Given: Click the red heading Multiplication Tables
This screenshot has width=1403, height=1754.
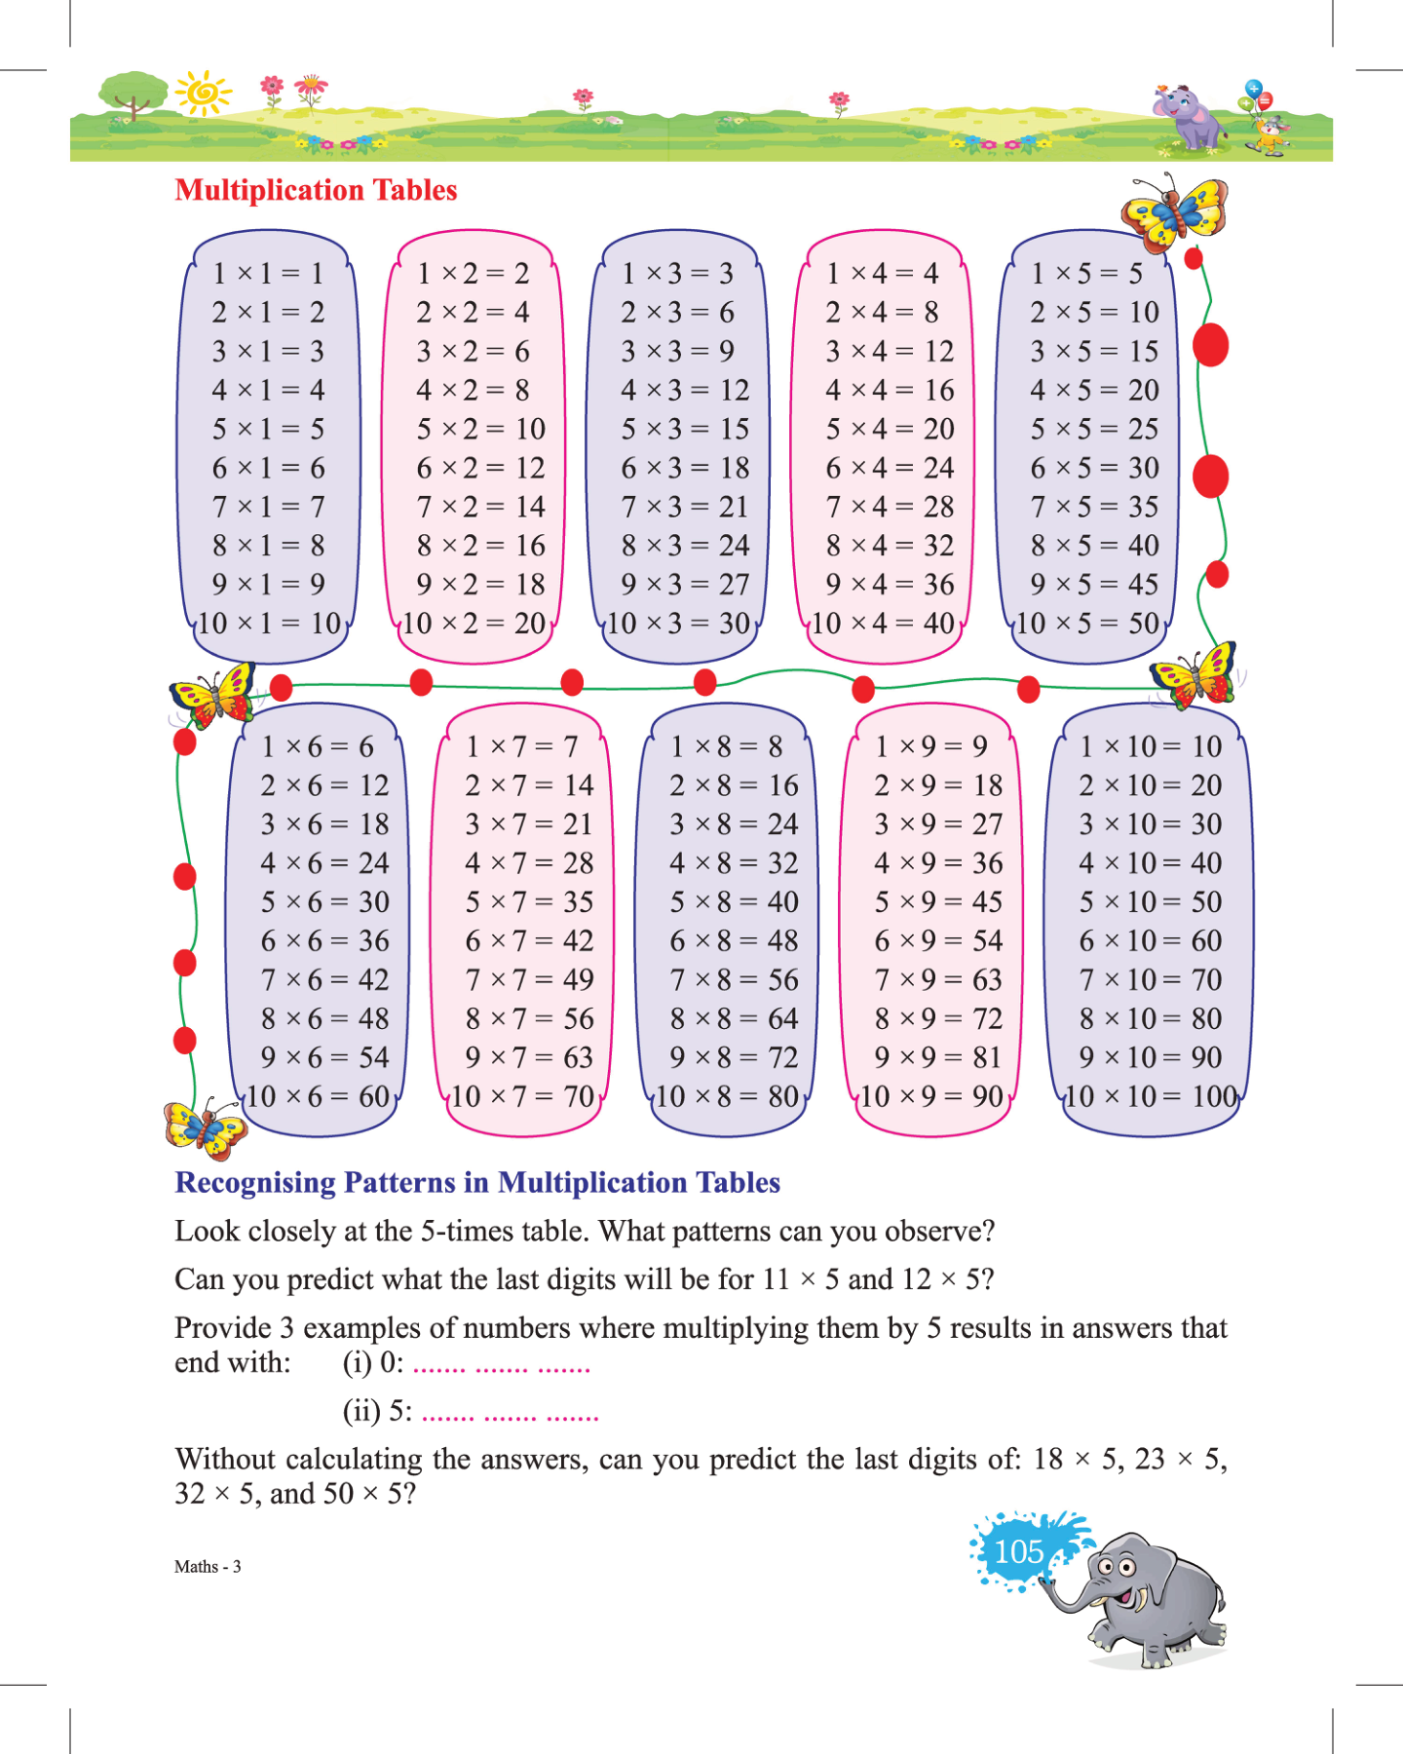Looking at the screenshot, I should click(316, 190).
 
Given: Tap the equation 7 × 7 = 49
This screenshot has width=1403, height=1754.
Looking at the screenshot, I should click(529, 979).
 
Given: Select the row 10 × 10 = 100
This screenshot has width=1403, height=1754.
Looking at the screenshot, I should click(1151, 1096).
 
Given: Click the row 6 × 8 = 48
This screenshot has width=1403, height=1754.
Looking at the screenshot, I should click(734, 940).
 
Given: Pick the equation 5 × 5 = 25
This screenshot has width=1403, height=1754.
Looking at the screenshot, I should click(1094, 429).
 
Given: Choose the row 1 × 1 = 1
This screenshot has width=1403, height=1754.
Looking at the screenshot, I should click(268, 273).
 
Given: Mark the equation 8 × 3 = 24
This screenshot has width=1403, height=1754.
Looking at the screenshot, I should click(685, 546).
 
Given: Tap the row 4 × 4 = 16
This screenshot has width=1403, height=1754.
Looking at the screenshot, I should click(890, 390).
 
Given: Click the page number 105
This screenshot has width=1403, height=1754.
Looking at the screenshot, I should click(1019, 1551).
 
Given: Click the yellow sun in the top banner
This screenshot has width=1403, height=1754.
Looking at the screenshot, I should click(204, 94).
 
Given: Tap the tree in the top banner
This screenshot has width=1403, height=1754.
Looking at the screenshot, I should click(133, 95).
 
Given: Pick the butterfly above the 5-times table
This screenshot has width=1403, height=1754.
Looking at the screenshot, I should click(1174, 211).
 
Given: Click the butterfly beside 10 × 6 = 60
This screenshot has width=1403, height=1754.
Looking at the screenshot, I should click(205, 1128).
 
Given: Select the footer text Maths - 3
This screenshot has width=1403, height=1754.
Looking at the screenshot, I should click(208, 1567).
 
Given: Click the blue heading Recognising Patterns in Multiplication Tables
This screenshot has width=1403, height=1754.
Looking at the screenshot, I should click(477, 1183).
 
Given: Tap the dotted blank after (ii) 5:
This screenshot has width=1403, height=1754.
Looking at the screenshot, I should click(510, 1414).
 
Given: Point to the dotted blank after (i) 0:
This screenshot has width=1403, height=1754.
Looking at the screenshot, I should click(502, 1365).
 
